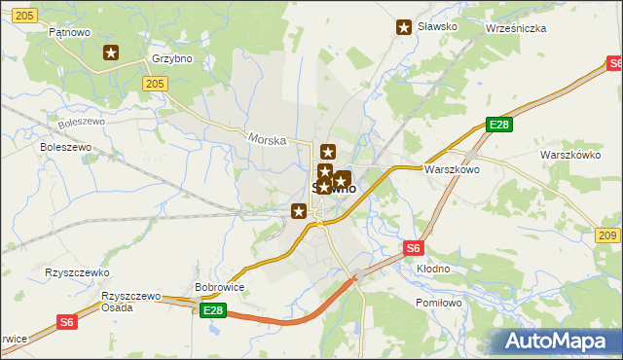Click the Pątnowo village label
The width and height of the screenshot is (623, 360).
point(69,32)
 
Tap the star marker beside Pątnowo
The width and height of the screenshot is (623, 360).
point(111,54)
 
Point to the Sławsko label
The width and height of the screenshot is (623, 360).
point(437,27)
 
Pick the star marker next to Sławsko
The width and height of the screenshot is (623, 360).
point(404,27)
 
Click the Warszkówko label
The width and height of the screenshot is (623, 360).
point(572,155)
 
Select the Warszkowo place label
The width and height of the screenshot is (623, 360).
point(452,169)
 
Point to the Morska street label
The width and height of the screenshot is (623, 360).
point(267,140)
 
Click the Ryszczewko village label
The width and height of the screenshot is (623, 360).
point(77,273)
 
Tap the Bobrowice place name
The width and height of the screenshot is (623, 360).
point(219,288)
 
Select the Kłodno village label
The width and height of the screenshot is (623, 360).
point(433,269)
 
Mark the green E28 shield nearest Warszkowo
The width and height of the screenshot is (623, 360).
point(499,125)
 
